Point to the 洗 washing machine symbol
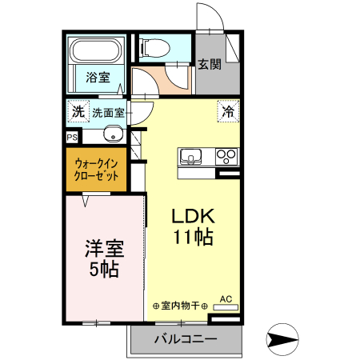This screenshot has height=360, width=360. [x=78, y=110]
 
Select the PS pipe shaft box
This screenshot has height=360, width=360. [x=72, y=137]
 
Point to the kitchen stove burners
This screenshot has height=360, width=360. [x=226, y=156]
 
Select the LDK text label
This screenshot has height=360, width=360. [x=192, y=217]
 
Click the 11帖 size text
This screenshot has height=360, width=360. [x=192, y=237]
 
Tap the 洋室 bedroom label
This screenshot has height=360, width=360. [x=103, y=249]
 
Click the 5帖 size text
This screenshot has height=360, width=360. [x=103, y=270]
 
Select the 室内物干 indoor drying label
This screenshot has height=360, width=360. [x=180, y=306]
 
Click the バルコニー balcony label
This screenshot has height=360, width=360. [x=185, y=339]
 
